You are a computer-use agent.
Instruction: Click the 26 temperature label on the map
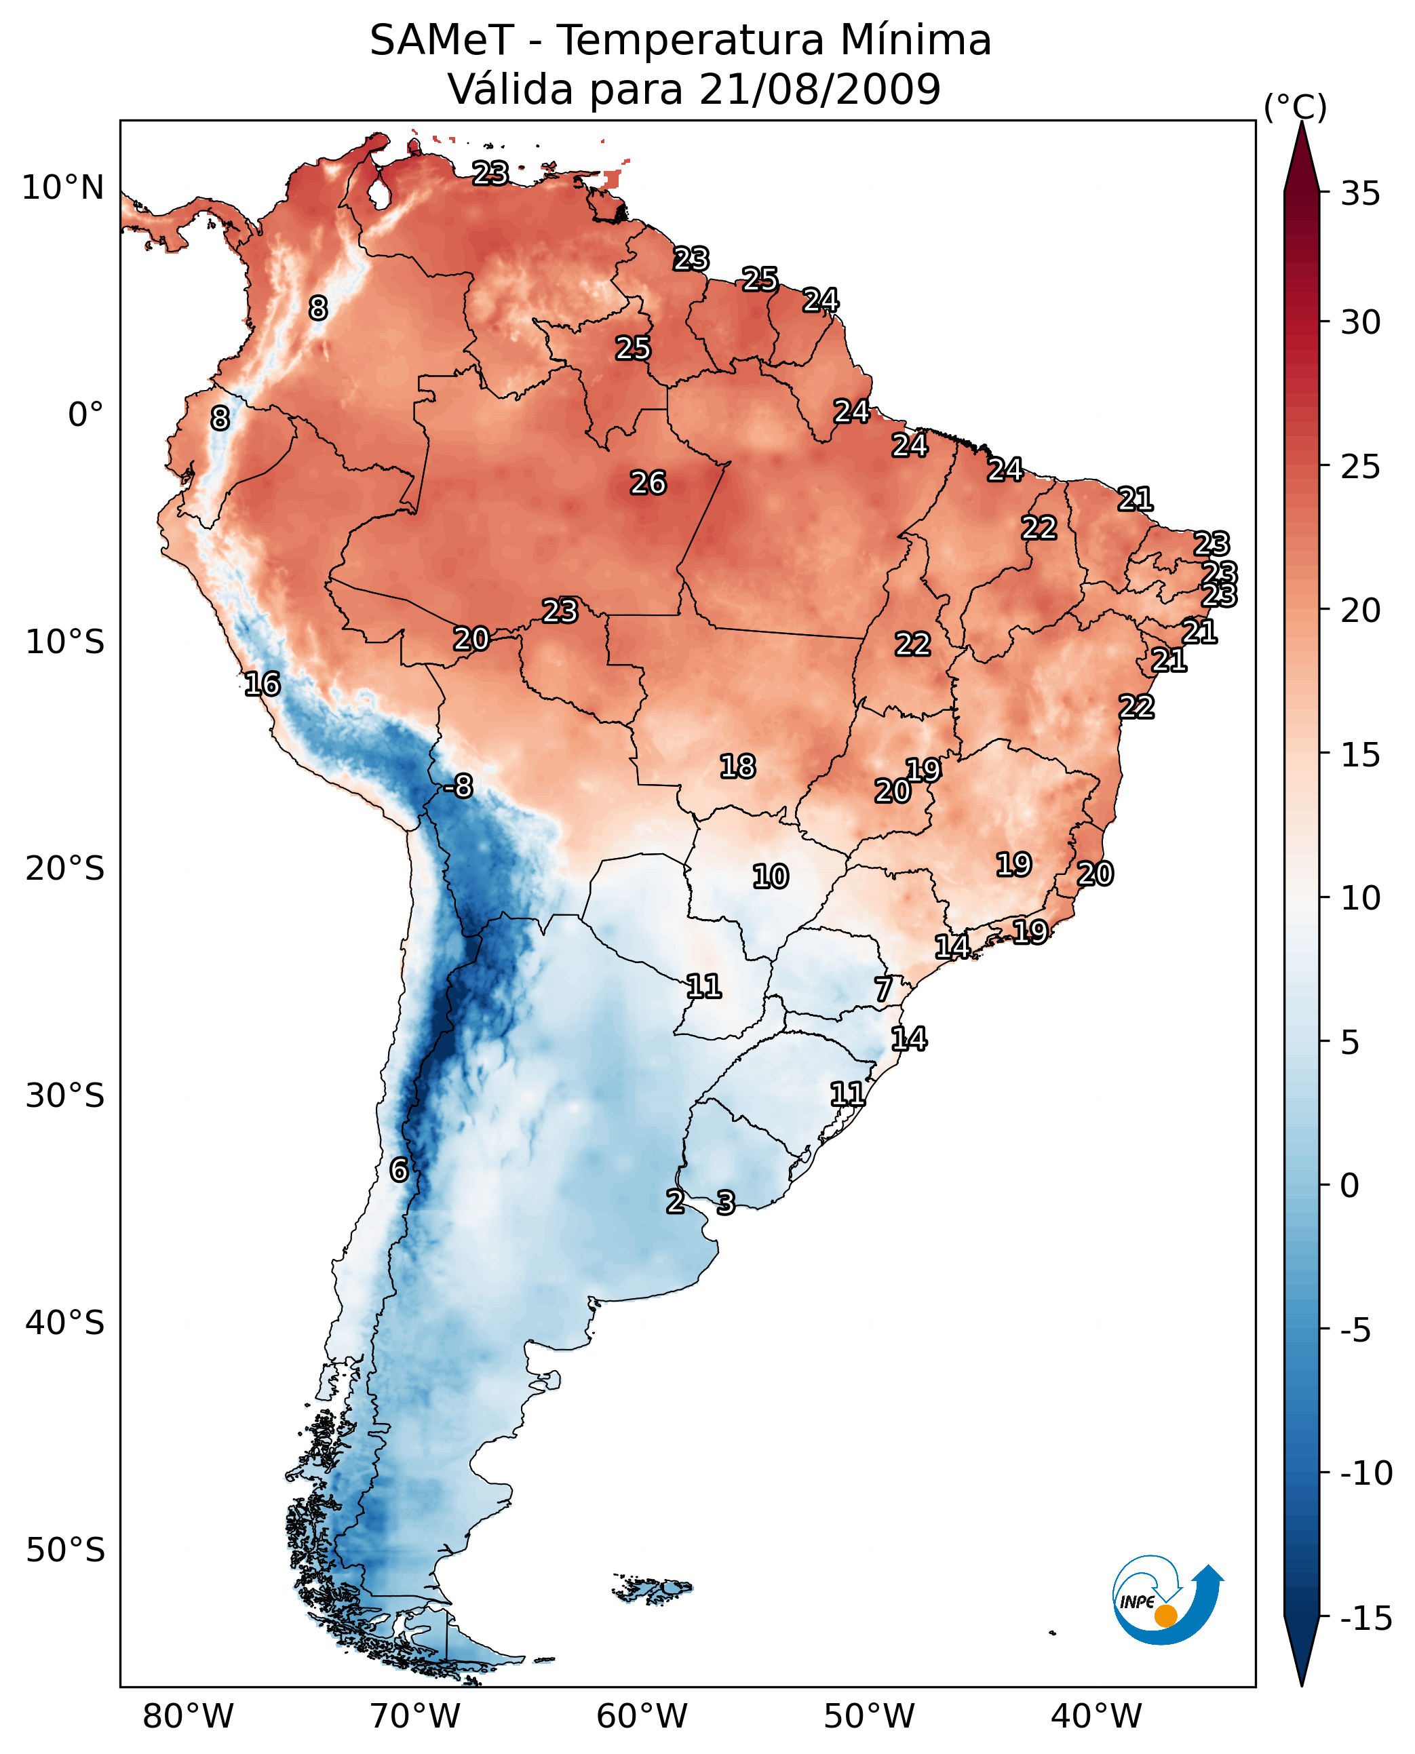(x=648, y=484)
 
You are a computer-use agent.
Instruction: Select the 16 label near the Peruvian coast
(x=262, y=684)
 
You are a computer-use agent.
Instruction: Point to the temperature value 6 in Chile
(x=399, y=1169)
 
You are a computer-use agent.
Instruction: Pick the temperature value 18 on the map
(x=737, y=766)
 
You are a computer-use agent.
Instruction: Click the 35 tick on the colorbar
(x=1360, y=194)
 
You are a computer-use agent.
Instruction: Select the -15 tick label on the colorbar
(x=1365, y=1619)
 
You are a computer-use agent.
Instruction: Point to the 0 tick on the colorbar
(x=1350, y=1186)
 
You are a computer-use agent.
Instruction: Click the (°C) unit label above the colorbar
(x=1295, y=106)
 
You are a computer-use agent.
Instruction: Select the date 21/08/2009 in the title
(x=820, y=89)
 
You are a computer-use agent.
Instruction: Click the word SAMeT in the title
(x=441, y=41)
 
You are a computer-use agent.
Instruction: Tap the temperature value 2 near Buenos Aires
(x=675, y=1201)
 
